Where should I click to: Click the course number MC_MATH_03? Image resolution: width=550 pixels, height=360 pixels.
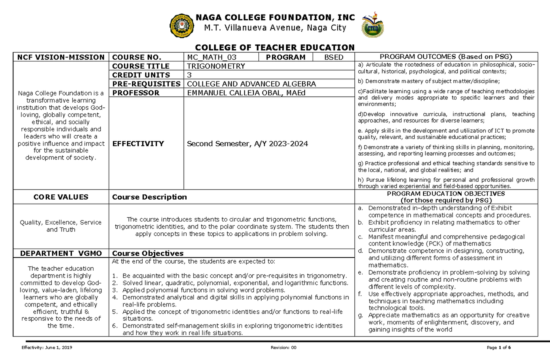click(x=211, y=57)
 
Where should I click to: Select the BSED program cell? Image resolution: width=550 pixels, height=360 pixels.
click(x=333, y=57)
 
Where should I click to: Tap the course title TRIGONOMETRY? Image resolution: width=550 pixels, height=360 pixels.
click(x=216, y=66)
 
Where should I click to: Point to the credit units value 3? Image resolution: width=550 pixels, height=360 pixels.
click(x=189, y=75)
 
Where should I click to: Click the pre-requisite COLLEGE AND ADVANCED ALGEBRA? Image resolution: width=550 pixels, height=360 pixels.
click(x=249, y=84)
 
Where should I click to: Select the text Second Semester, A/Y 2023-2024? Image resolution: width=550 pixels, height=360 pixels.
click(x=247, y=144)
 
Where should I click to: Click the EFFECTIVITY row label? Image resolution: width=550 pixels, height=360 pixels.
click(x=138, y=144)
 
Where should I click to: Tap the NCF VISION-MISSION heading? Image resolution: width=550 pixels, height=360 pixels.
click(x=61, y=57)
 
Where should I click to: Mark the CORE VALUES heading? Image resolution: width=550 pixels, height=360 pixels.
click(x=61, y=197)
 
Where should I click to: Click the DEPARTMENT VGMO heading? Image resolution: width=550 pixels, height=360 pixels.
click(x=61, y=253)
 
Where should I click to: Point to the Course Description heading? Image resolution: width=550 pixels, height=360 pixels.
click(x=149, y=197)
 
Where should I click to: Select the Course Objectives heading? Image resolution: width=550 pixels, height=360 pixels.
click(x=148, y=253)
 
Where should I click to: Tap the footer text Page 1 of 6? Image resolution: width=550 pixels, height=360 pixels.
click(x=499, y=347)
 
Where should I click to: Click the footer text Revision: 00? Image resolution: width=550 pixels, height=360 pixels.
click(x=284, y=347)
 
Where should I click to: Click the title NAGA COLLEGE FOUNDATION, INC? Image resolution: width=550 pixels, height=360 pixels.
click(x=275, y=17)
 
